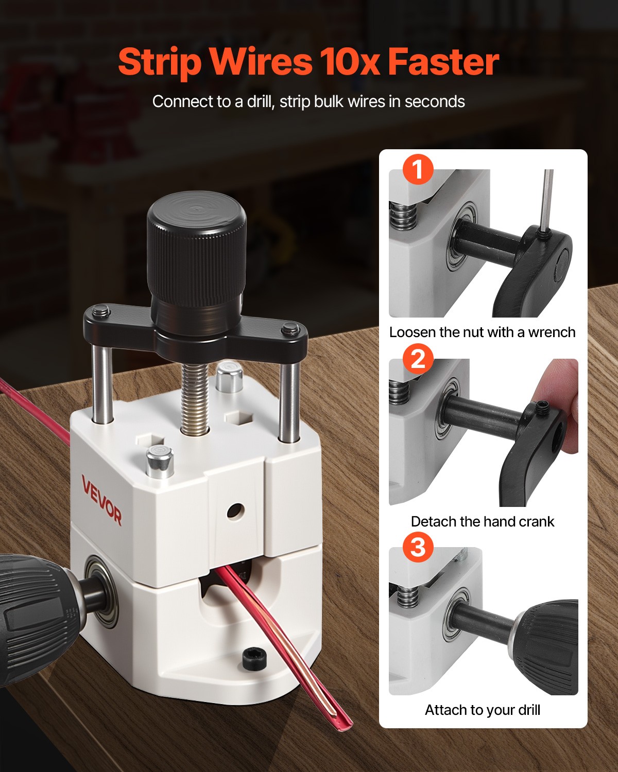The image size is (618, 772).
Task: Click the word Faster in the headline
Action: [443, 62]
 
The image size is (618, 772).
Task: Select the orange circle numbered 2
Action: [418, 358]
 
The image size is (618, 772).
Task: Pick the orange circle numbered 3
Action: [418, 547]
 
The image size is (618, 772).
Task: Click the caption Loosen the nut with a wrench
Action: [482, 332]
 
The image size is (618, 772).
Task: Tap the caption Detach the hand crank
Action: [482, 521]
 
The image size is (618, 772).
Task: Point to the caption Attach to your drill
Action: [482, 710]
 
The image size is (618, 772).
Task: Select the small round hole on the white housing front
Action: [235, 511]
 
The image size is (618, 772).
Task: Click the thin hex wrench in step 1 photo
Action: [548, 201]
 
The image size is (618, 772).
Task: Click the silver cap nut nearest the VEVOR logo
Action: [160, 461]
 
